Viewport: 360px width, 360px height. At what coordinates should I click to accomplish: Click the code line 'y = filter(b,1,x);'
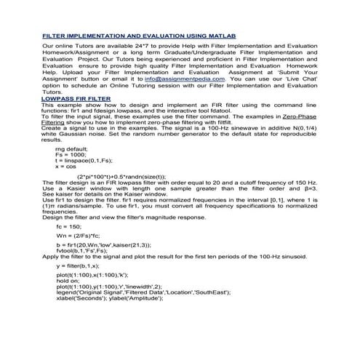pyautogui.click(x=80, y=266)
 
